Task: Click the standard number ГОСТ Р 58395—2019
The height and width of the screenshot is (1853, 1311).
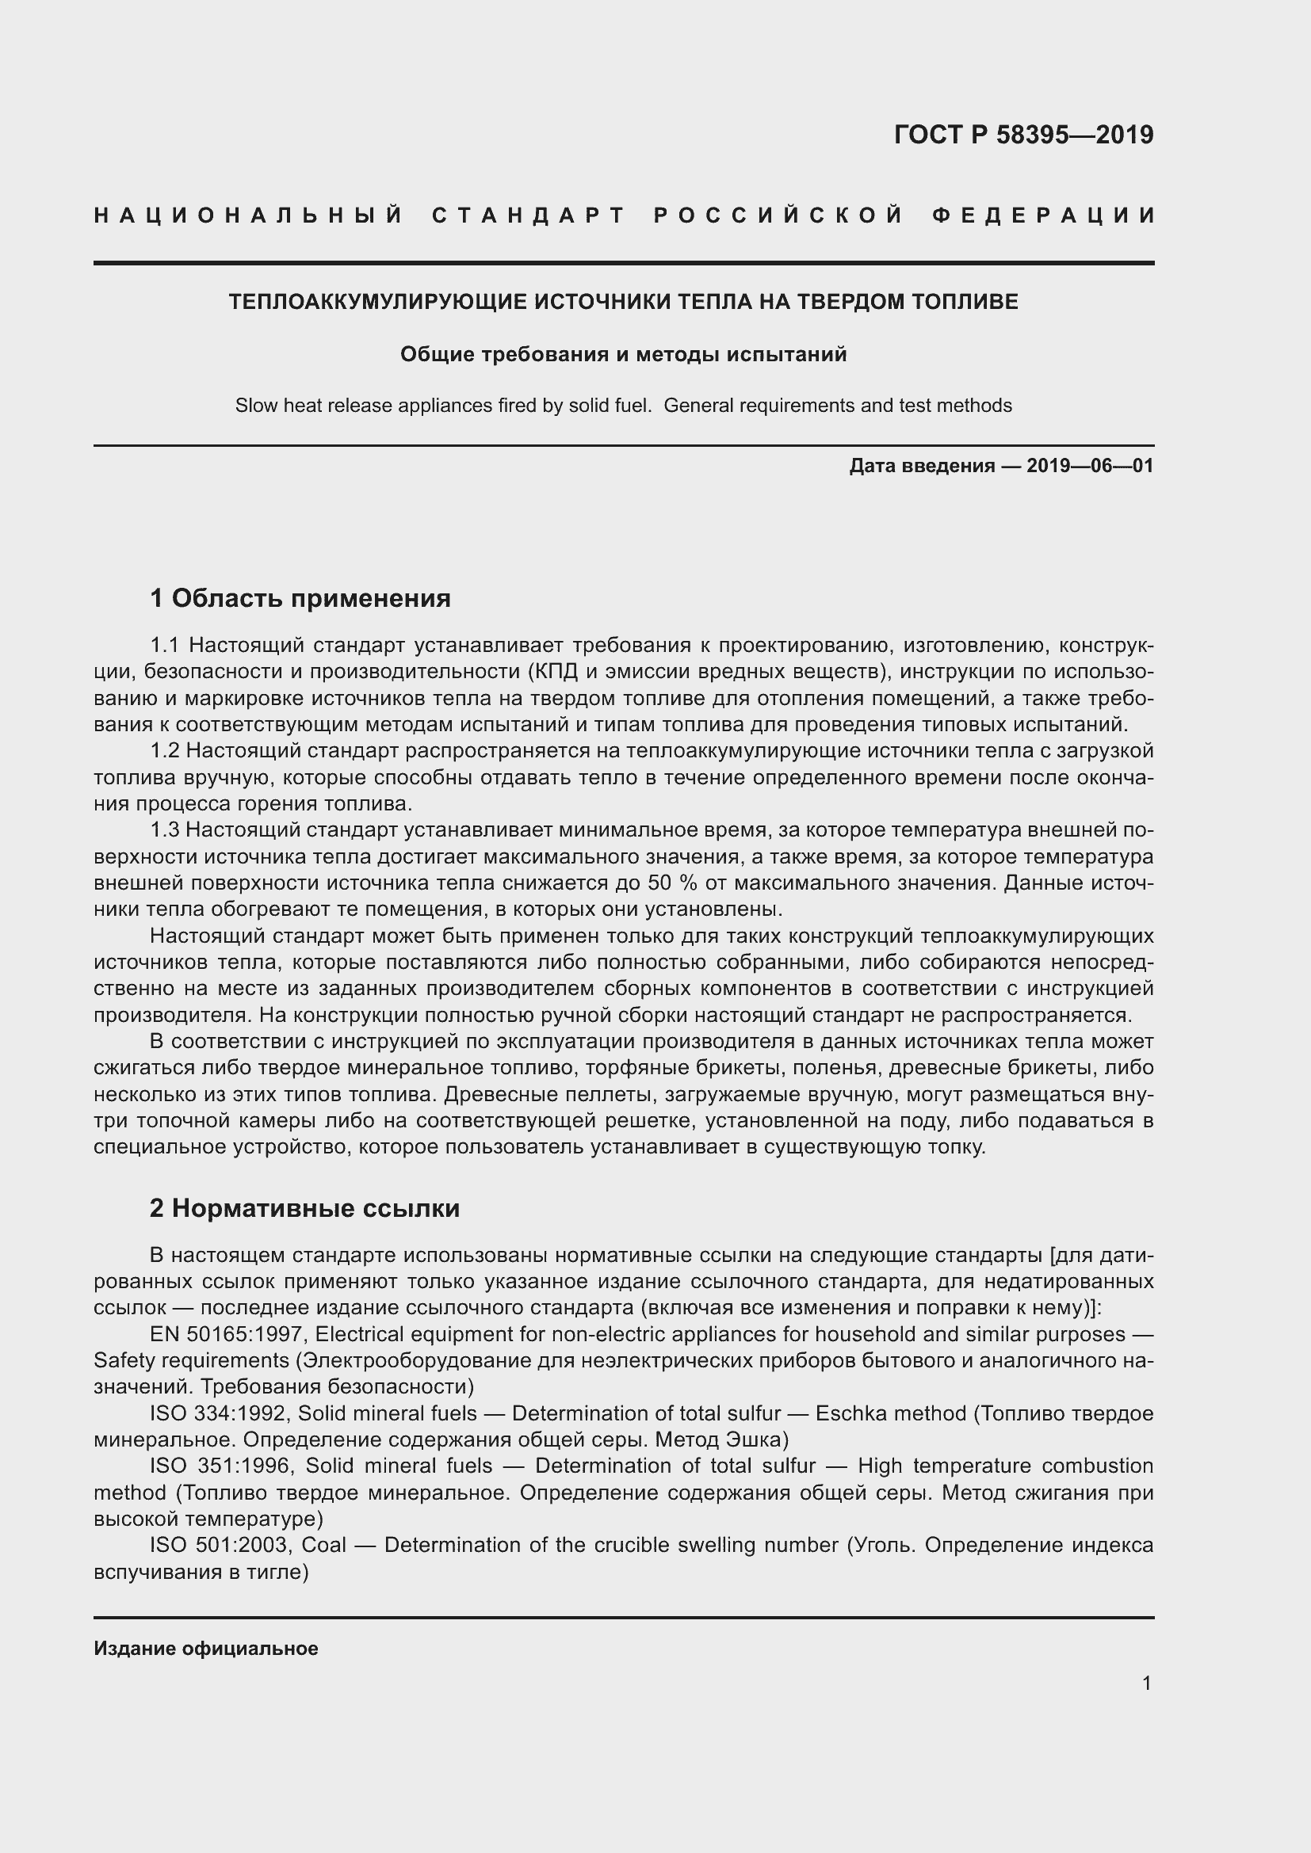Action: [1022, 135]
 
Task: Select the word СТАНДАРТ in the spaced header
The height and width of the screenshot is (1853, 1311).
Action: [529, 215]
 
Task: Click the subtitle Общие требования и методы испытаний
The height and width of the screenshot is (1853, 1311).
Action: [623, 354]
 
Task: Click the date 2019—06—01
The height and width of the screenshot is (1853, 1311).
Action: [1090, 466]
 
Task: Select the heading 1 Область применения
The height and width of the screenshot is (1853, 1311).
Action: [300, 598]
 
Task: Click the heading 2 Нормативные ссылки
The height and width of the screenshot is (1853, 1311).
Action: [304, 1208]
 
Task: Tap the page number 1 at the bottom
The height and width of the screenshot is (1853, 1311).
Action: [1147, 1683]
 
